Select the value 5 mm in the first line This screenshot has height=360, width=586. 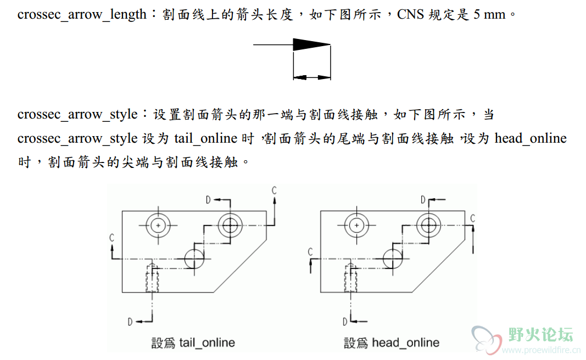coord(488,14)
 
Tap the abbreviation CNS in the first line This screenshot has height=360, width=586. coord(410,14)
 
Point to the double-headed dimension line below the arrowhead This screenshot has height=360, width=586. coord(312,77)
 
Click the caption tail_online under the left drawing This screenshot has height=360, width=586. coord(207,343)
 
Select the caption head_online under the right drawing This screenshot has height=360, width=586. coord(405,343)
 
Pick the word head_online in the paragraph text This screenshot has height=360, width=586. coord(530,138)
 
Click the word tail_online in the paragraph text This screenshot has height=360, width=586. coord(206,138)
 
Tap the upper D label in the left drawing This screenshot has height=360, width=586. coord(208,200)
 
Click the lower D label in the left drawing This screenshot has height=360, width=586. coord(130,322)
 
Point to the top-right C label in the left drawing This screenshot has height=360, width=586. coord(274,191)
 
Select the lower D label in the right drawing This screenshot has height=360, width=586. coord(345,322)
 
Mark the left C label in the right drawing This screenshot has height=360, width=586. coord(310,252)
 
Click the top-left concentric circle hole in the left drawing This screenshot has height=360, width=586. coord(158,225)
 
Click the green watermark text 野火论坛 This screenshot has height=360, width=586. coord(541,334)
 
